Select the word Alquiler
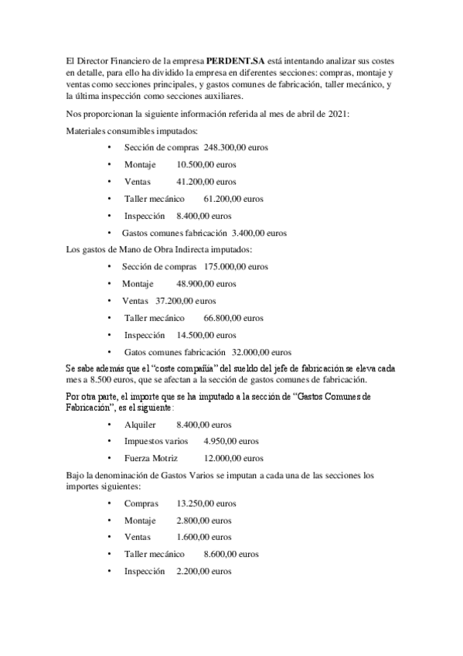tap(140, 425)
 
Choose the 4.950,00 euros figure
tap(230, 441)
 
